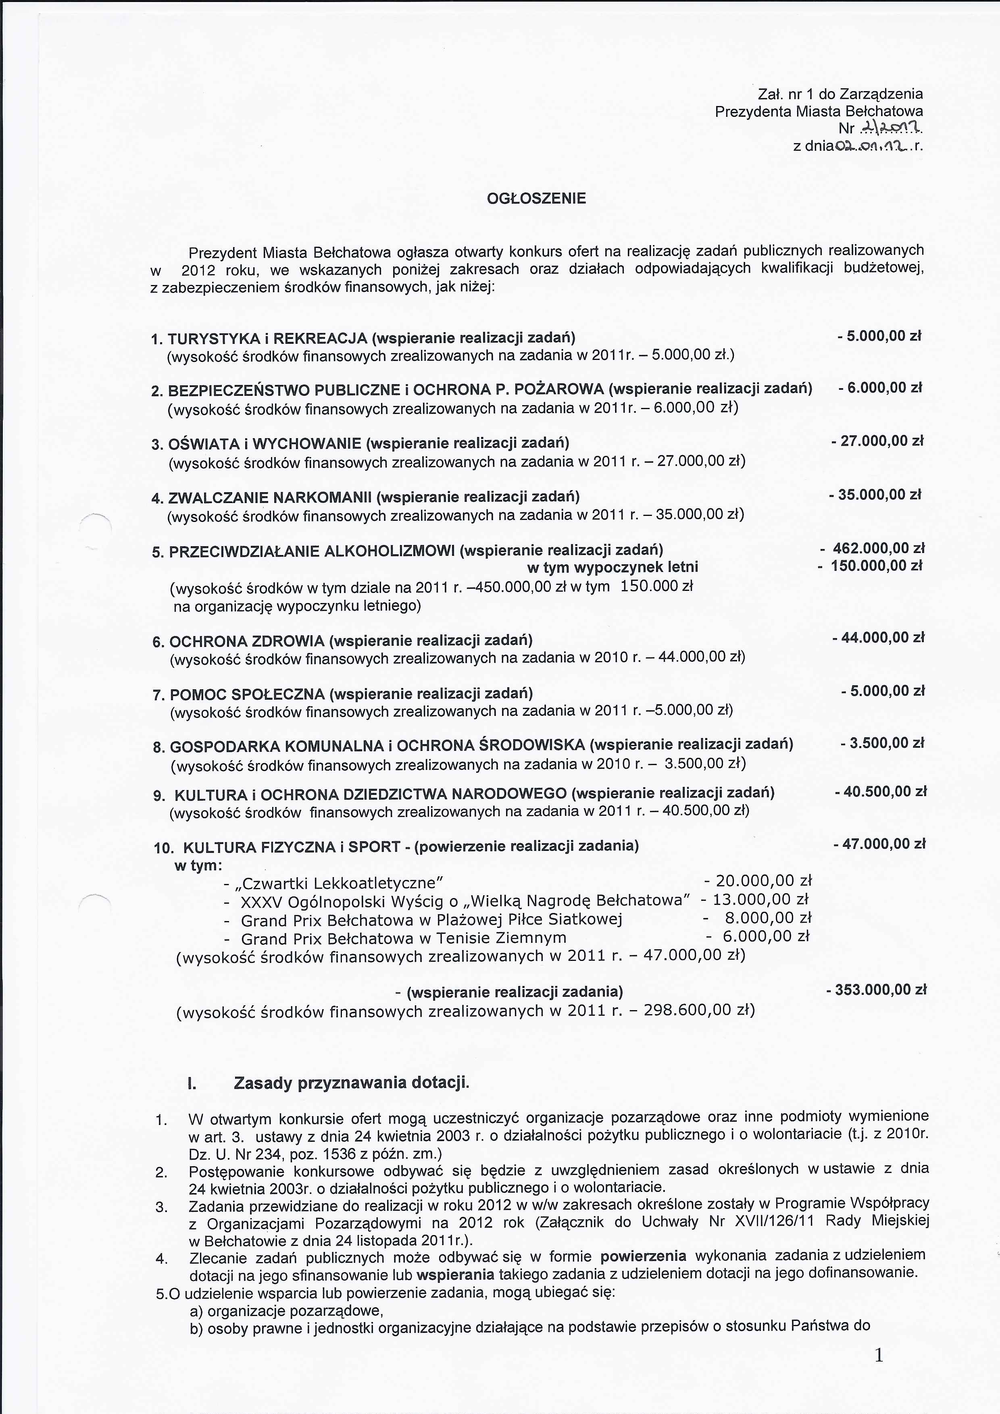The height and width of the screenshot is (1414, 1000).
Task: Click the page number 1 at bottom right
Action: tap(879, 1356)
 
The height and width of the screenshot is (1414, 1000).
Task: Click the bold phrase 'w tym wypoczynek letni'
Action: tap(612, 567)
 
